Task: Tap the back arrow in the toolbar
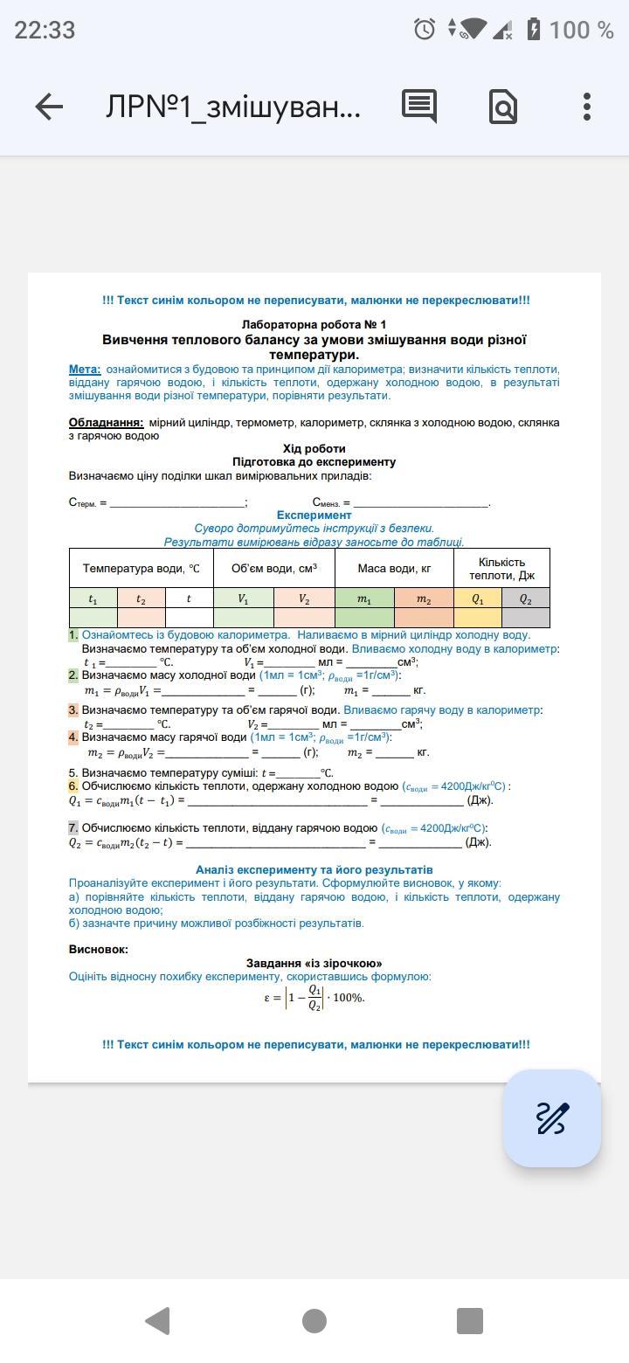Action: (49, 107)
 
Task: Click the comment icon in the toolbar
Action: (419, 107)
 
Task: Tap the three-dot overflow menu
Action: (587, 107)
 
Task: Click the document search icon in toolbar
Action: (504, 107)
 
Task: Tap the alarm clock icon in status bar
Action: (425, 30)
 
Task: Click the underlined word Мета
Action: (85, 370)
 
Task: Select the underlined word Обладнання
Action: (106, 423)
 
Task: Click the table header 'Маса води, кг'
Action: (394, 569)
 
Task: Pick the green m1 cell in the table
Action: (364, 599)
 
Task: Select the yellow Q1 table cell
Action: (477, 599)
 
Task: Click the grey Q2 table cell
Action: (525, 599)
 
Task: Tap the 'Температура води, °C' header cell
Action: (142, 569)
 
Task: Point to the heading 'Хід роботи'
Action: (314, 449)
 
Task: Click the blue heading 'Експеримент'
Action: (314, 515)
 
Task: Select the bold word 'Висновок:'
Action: (99, 950)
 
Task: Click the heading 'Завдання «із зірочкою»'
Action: (314, 964)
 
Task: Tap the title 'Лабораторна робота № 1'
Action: (314, 325)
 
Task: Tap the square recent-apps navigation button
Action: (470, 1320)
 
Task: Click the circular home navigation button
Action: (314, 1320)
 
